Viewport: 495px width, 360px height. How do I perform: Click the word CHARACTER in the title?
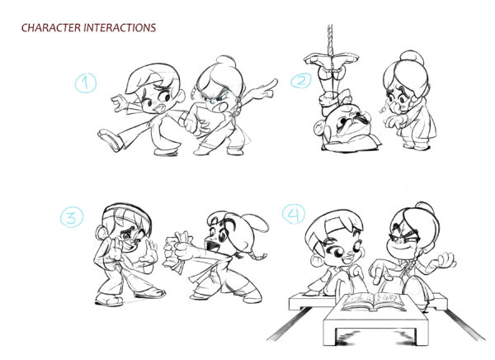(x=51, y=28)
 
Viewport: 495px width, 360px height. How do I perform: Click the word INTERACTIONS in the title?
(x=120, y=28)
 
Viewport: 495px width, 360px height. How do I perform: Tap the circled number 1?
(x=85, y=83)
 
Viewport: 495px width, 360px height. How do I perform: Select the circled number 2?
(x=301, y=81)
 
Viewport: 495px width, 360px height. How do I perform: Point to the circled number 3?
(x=72, y=217)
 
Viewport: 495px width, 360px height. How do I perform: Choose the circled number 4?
(x=294, y=214)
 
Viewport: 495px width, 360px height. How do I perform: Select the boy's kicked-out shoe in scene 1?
(x=109, y=140)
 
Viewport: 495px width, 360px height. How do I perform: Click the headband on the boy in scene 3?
(x=126, y=209)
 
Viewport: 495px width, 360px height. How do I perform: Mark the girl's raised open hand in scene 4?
(x=445, y=260)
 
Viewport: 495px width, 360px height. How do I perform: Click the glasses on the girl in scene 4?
(x=405, y=241)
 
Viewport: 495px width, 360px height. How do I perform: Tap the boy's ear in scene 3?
(x=101, y=234)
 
